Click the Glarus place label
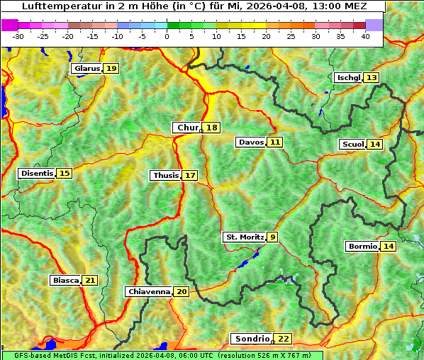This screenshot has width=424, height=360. tap(87, 69)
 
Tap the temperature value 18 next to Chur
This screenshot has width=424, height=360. tap(212, 128)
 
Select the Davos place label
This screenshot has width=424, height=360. tap(250, 142)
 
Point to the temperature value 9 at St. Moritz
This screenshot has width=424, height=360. tap(273, 237)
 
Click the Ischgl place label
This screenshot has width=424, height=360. tap(348, 78)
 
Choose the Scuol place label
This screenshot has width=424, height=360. tap(352, 145)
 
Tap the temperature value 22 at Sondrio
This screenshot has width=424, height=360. tap(283, 339)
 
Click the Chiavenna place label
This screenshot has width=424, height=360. tap(149, 291)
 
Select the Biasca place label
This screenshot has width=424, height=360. tap(65, 281)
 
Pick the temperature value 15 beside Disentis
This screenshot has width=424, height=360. tap(65, 174)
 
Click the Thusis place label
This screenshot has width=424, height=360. tap(165, 175)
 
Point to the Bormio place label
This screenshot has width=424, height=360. tap(362, 247)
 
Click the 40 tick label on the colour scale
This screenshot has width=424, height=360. tap(365, 35)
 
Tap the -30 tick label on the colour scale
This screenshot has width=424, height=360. tap(18, 35)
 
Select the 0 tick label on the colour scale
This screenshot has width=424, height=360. tap(167, 35)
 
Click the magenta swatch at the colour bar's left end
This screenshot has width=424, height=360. tap(10, 25)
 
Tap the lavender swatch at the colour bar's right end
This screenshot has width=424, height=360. tap(374, 25)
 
